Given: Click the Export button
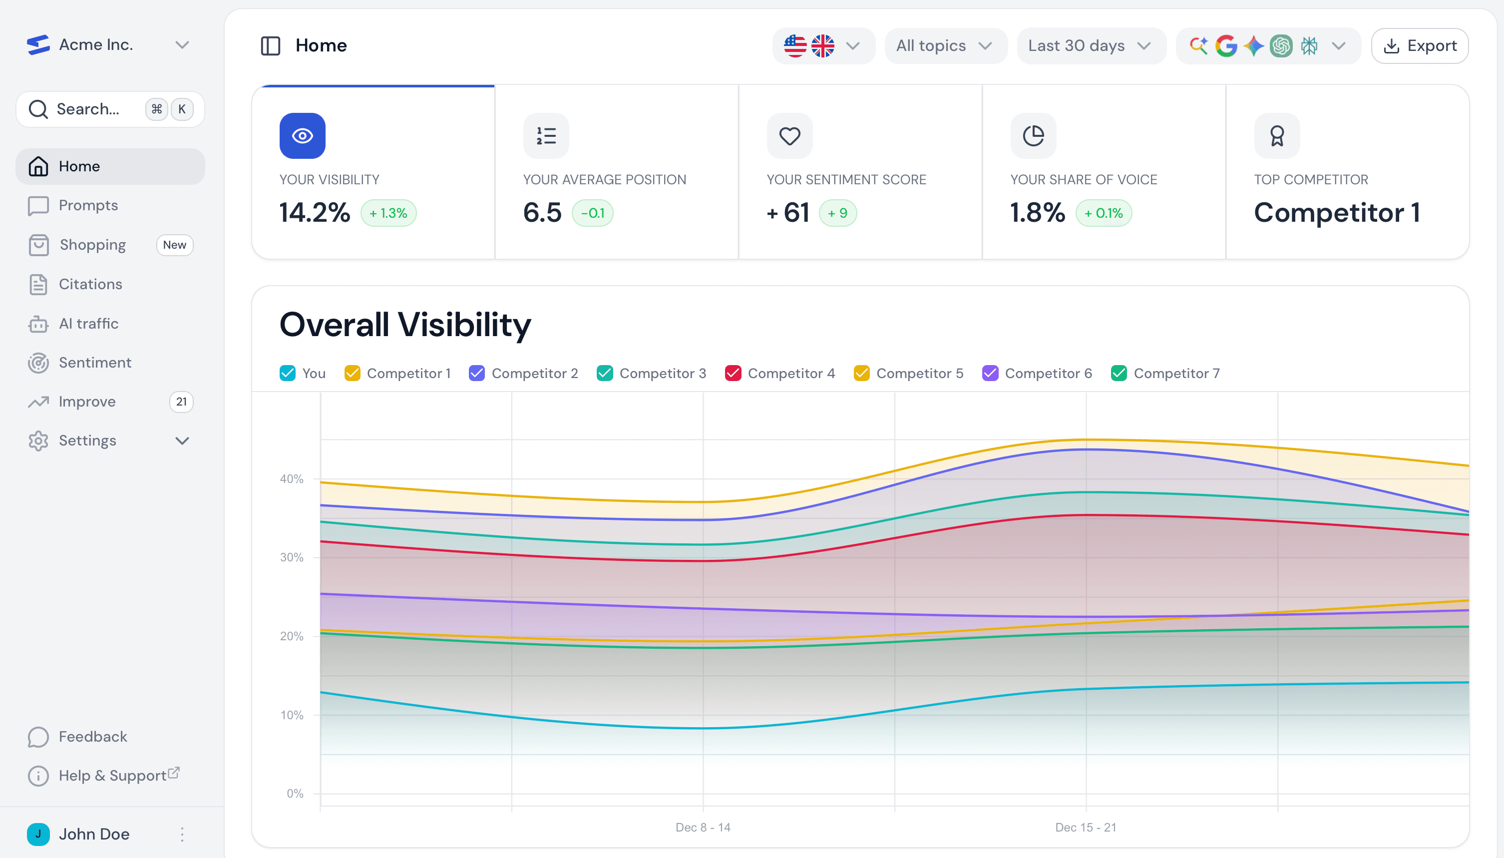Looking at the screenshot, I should click(1419, 45).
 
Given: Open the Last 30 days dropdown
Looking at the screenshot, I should click(1090, 45).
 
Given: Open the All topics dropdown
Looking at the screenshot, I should click(944, 45).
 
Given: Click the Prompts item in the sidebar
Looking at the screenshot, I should click(88, 205).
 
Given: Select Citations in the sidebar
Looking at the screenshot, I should click(90, 284).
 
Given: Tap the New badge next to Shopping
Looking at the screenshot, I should click(174, 245).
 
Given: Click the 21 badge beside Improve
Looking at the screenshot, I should click(181, 402).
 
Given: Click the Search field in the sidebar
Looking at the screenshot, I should click(88, 109).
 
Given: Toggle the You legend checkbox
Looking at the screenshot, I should click(288, 373).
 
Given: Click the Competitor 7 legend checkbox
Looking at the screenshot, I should click(1118, 373).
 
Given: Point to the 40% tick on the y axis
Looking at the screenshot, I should click(292, 478).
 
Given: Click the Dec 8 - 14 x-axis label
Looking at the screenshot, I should click(703, 828).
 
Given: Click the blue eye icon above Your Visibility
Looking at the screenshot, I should click(302, 135).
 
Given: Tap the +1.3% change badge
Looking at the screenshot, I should click(388, 213).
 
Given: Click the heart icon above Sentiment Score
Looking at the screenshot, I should click(789, 135).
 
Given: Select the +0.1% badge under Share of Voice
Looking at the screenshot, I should click(1104, 213).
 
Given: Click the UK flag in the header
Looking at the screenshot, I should click(822, 45).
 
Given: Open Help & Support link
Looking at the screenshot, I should click(112, 776).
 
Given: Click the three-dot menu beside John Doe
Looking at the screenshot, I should click(182, 834).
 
